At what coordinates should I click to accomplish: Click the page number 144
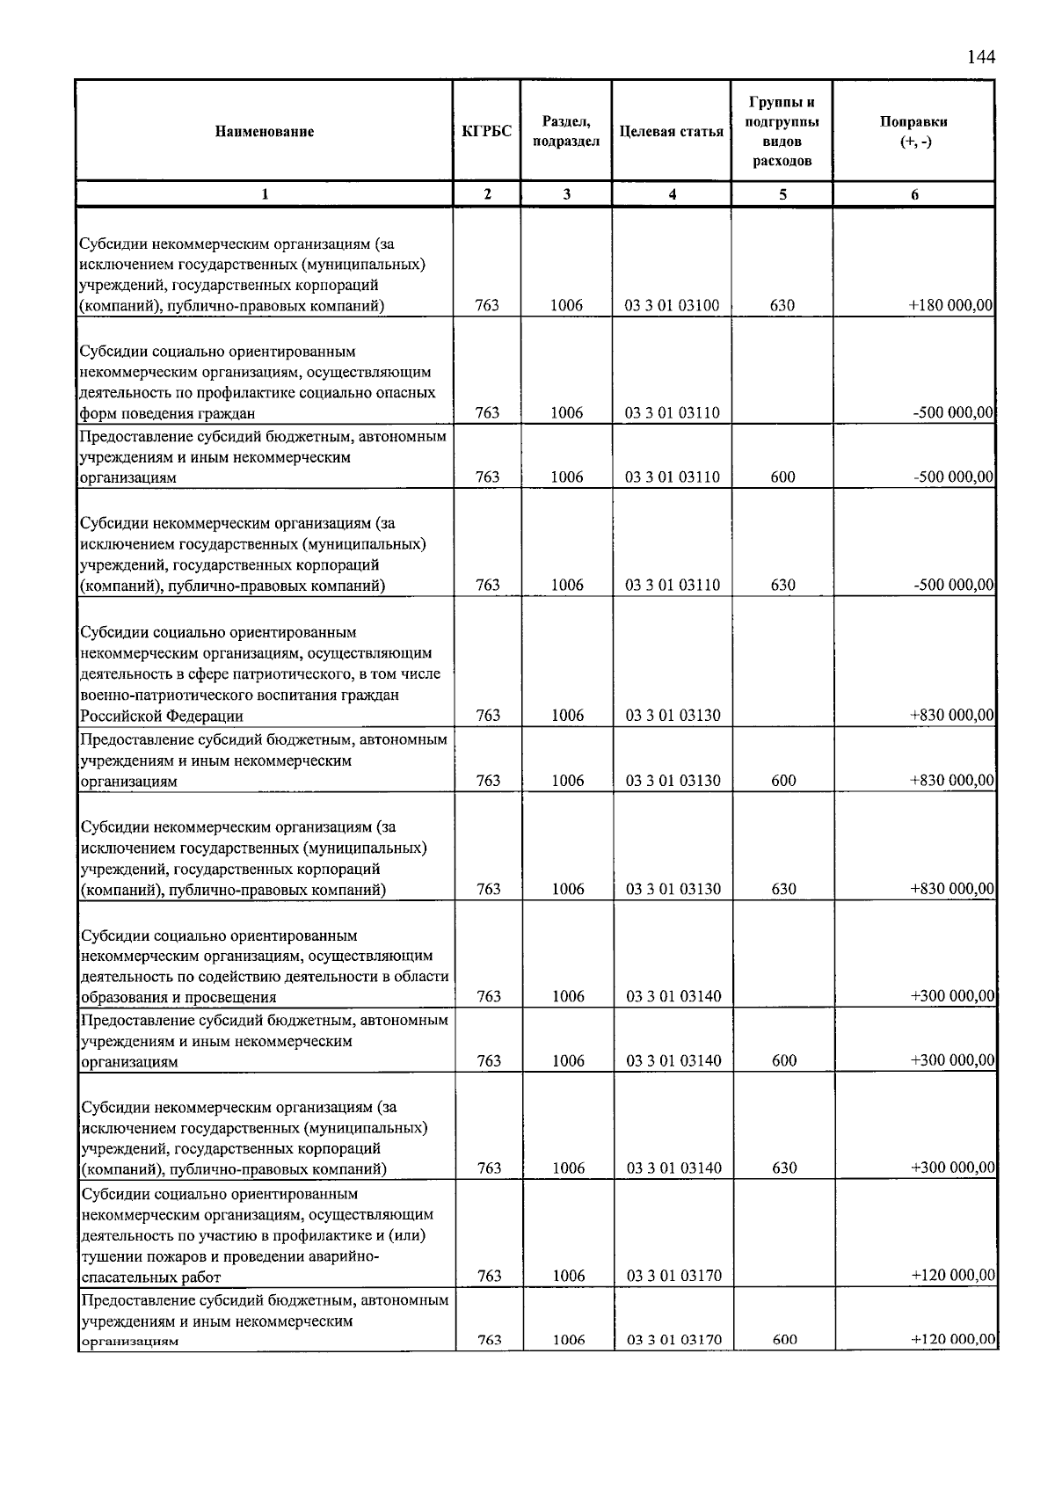coord(980,57)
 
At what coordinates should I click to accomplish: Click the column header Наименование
coord(264,132)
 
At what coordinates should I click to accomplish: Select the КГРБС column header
coord(486,132)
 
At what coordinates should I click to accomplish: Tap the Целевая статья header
coord(672,132)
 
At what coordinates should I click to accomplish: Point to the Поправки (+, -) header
coord(913,132)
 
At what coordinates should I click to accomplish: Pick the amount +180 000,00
coord(950,306)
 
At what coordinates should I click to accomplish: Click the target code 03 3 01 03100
coord(672,306)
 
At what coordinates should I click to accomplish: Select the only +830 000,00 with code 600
coord(951,781)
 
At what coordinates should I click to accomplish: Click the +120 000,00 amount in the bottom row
coord(953,1340)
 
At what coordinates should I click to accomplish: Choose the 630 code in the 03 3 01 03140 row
coord(783,1168)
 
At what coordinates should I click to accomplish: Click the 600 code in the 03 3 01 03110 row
coord(782,477)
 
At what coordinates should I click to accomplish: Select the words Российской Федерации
coord(162,716)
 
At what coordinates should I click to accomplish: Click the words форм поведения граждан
coord(167,414)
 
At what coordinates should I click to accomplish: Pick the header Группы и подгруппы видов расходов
coord(782,132)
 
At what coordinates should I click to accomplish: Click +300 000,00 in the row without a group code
coord(952,996)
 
